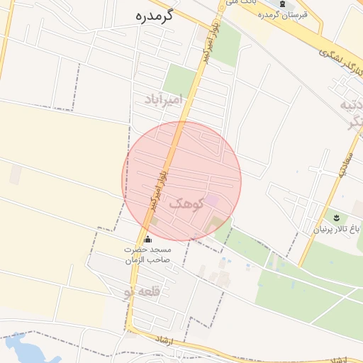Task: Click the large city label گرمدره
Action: click(155, 16)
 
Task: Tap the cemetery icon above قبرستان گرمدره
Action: click(283, 4)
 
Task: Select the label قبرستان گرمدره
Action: click(283, 15)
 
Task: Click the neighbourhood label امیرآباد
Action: click(163, 97)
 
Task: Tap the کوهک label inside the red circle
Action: click(186, 203)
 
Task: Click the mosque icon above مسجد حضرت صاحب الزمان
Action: click(147, 239)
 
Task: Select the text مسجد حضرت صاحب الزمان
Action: click(147, 255)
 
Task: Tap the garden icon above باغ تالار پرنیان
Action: click(336, 216)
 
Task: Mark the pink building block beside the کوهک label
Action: click(211, 201)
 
